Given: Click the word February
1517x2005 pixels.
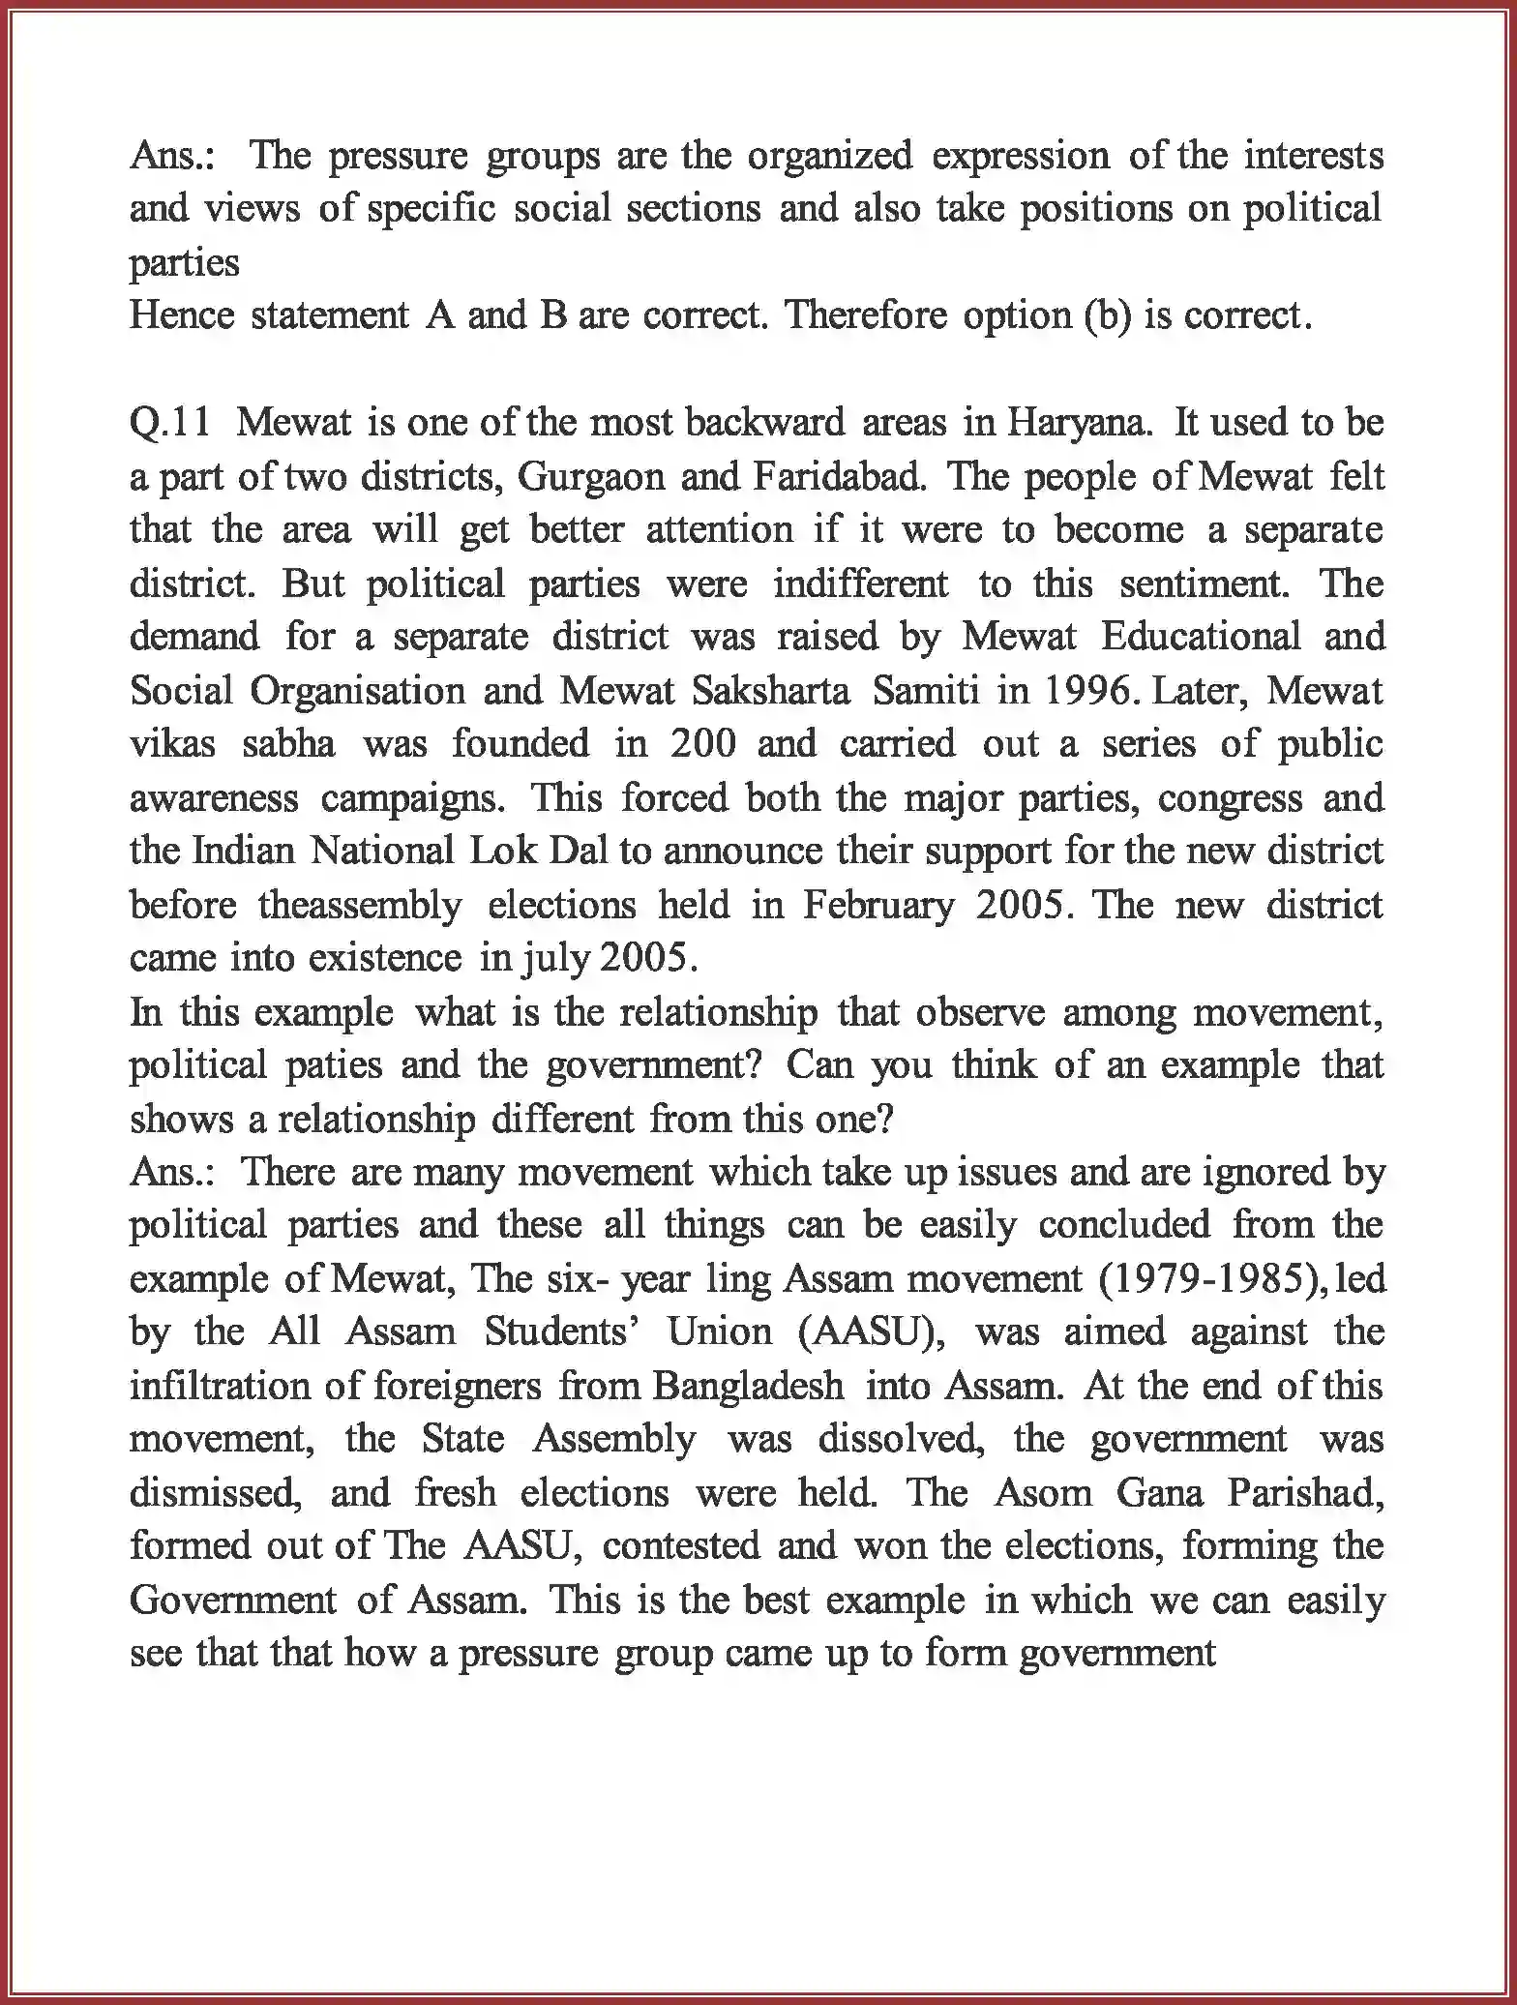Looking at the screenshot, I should (877, 905).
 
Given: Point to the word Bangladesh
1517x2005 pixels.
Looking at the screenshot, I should (748, 1386).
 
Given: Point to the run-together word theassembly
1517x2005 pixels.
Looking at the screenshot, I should (361, 905).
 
